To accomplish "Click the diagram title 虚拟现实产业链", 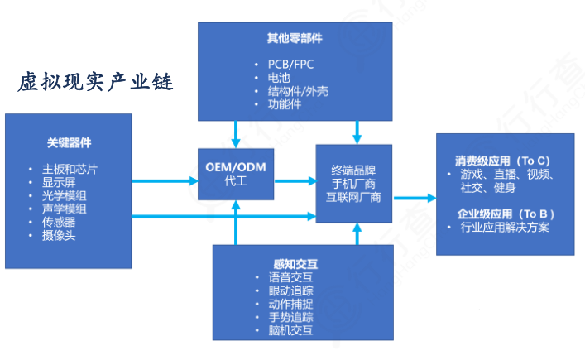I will pos(96,84).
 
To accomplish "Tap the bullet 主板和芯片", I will pos(74,169).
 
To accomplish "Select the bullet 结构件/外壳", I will pos(292,91).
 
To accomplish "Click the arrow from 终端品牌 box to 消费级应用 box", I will pos(414,198).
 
